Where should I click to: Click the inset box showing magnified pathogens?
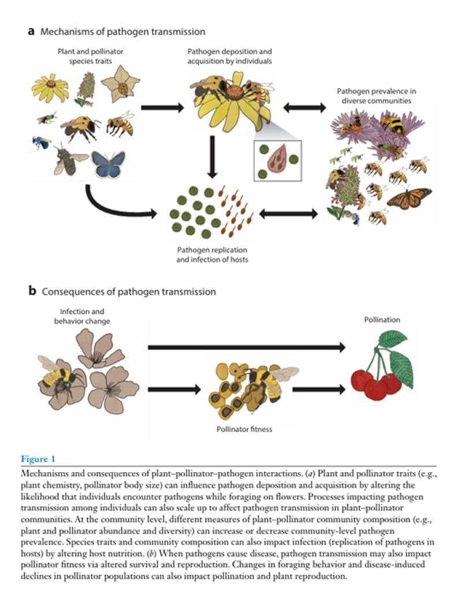(278, 161)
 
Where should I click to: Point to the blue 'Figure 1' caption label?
(38, 459)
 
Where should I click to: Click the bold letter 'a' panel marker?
(31, 31)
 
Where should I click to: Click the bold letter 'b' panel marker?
(32, 291)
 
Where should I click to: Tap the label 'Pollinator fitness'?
(244, 429)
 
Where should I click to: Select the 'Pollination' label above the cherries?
(382, 320)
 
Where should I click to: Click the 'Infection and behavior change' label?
(82, 316)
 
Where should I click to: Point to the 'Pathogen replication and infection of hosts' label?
(212, 255)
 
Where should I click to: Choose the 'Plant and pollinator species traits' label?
(91, 56)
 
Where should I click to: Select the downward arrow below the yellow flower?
(213, 157)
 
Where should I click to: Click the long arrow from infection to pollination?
(247, 347)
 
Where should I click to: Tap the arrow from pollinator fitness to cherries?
(319, 389)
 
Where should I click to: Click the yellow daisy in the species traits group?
(50, 88)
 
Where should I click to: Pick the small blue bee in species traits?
(42, 142)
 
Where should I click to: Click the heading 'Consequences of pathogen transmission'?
(129, 291)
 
